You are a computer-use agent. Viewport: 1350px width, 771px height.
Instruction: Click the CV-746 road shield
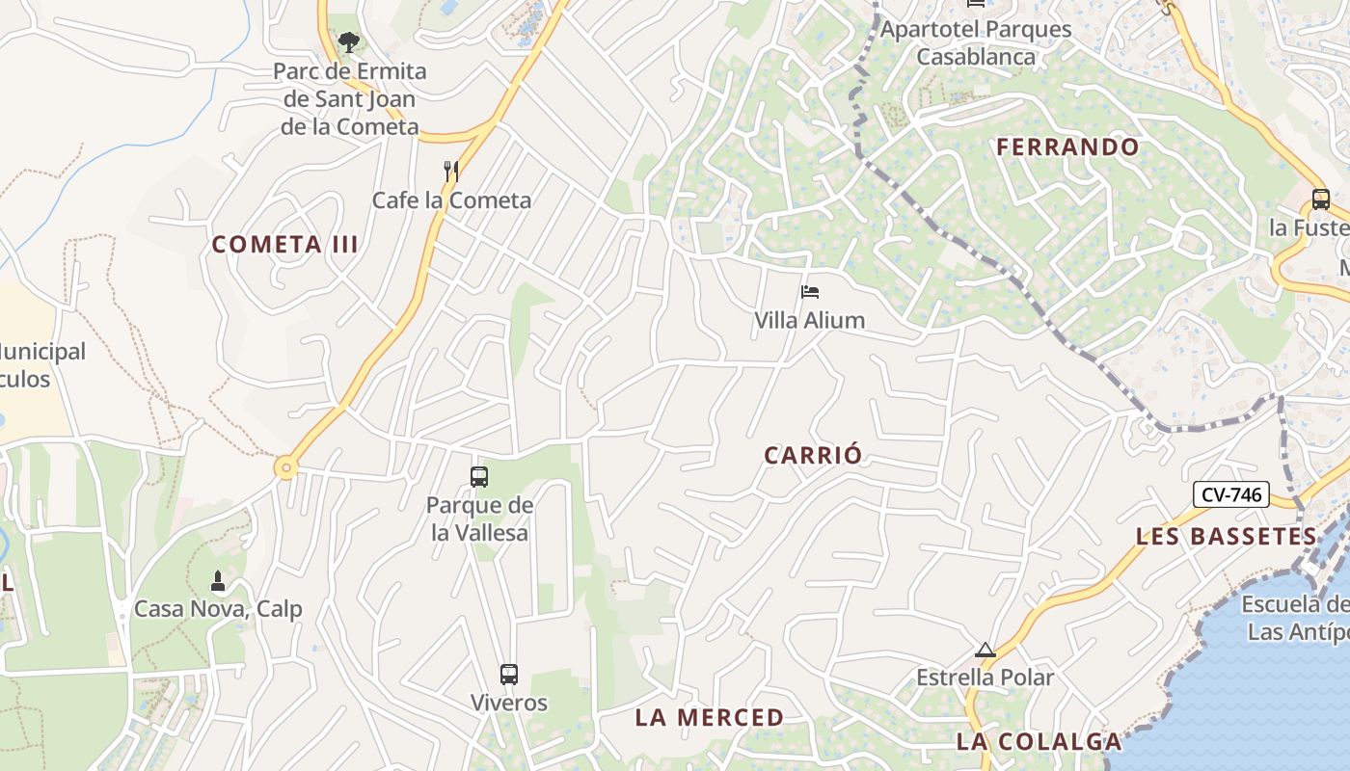pos(1231,494)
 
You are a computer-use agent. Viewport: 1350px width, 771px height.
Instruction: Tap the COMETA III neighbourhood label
pos(284,245)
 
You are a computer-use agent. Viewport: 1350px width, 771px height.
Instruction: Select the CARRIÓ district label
pos(812,456)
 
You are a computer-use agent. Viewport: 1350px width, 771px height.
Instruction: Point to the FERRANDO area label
pos(1067,147)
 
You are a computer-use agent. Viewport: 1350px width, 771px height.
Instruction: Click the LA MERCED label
pos(709,718)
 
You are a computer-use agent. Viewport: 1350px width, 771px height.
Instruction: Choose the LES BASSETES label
pos(1226,537)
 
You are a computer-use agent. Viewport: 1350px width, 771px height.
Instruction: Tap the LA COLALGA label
pos(1039,742)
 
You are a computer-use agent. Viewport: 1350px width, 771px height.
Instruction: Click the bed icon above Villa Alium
pos(809,292)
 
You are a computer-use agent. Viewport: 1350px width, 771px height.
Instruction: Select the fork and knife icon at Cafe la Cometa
pos(450,172)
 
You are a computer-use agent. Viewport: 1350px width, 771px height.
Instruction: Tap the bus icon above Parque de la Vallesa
pos(478,476)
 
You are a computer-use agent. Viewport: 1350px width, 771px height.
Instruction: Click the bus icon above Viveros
pos(508,675)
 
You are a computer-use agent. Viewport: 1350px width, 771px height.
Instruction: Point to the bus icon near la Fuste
pos(1320,199)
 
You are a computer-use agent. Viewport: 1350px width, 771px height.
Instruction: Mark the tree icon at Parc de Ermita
pos(348,42)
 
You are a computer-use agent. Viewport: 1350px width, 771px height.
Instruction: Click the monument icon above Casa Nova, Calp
pos(217,581)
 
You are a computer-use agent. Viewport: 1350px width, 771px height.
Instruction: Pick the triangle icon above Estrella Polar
pos(985,651)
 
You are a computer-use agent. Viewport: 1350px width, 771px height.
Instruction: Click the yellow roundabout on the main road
pos(285,468)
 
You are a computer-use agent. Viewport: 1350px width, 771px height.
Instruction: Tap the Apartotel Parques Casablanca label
pos(976,42)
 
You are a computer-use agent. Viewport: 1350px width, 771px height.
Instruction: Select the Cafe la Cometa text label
pos(451,200)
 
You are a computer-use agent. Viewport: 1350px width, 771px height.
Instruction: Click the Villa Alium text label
pos(809,320)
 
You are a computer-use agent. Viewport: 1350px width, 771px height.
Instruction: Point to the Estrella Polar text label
pos(985,678)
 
